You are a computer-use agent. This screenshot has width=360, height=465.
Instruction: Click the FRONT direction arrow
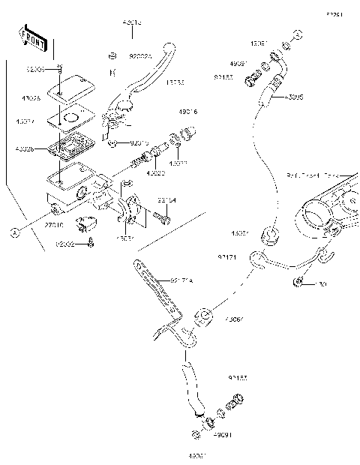tap(34, 40)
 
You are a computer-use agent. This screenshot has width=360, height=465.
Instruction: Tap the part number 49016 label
tap(187, 112)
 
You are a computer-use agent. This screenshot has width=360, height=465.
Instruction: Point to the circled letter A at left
tap(13, 233)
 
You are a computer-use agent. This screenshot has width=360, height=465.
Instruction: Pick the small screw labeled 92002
tap(91, 241)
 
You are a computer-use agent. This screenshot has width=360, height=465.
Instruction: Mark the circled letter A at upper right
tap(297, 34)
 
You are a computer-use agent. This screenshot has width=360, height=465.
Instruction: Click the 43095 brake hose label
tap(293, 97)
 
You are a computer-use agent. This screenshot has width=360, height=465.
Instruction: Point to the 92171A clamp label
tap(181, 281)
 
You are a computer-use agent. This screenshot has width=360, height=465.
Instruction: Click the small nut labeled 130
tap(298, 282)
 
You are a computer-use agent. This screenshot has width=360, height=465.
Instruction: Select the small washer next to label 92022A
tap(111, 55)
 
